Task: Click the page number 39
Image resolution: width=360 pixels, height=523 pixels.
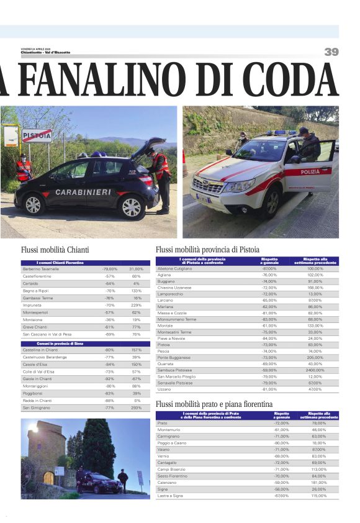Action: click(331, 52)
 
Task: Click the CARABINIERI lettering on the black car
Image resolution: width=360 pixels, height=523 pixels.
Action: click(83, 192)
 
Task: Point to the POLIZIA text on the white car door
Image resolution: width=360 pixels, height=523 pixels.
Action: click(310, 172)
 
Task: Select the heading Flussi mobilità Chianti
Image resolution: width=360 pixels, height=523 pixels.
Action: click(55, 250)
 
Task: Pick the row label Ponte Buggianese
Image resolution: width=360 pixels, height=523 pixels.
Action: click(174, 357)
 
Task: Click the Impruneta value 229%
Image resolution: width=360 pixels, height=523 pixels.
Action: click(136, 305)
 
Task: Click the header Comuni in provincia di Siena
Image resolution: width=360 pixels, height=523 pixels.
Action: click(60, 343)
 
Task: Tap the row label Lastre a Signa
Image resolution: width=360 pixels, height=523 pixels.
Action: click(171, 495)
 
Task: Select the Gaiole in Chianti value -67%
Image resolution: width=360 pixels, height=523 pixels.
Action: click(136, 378)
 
